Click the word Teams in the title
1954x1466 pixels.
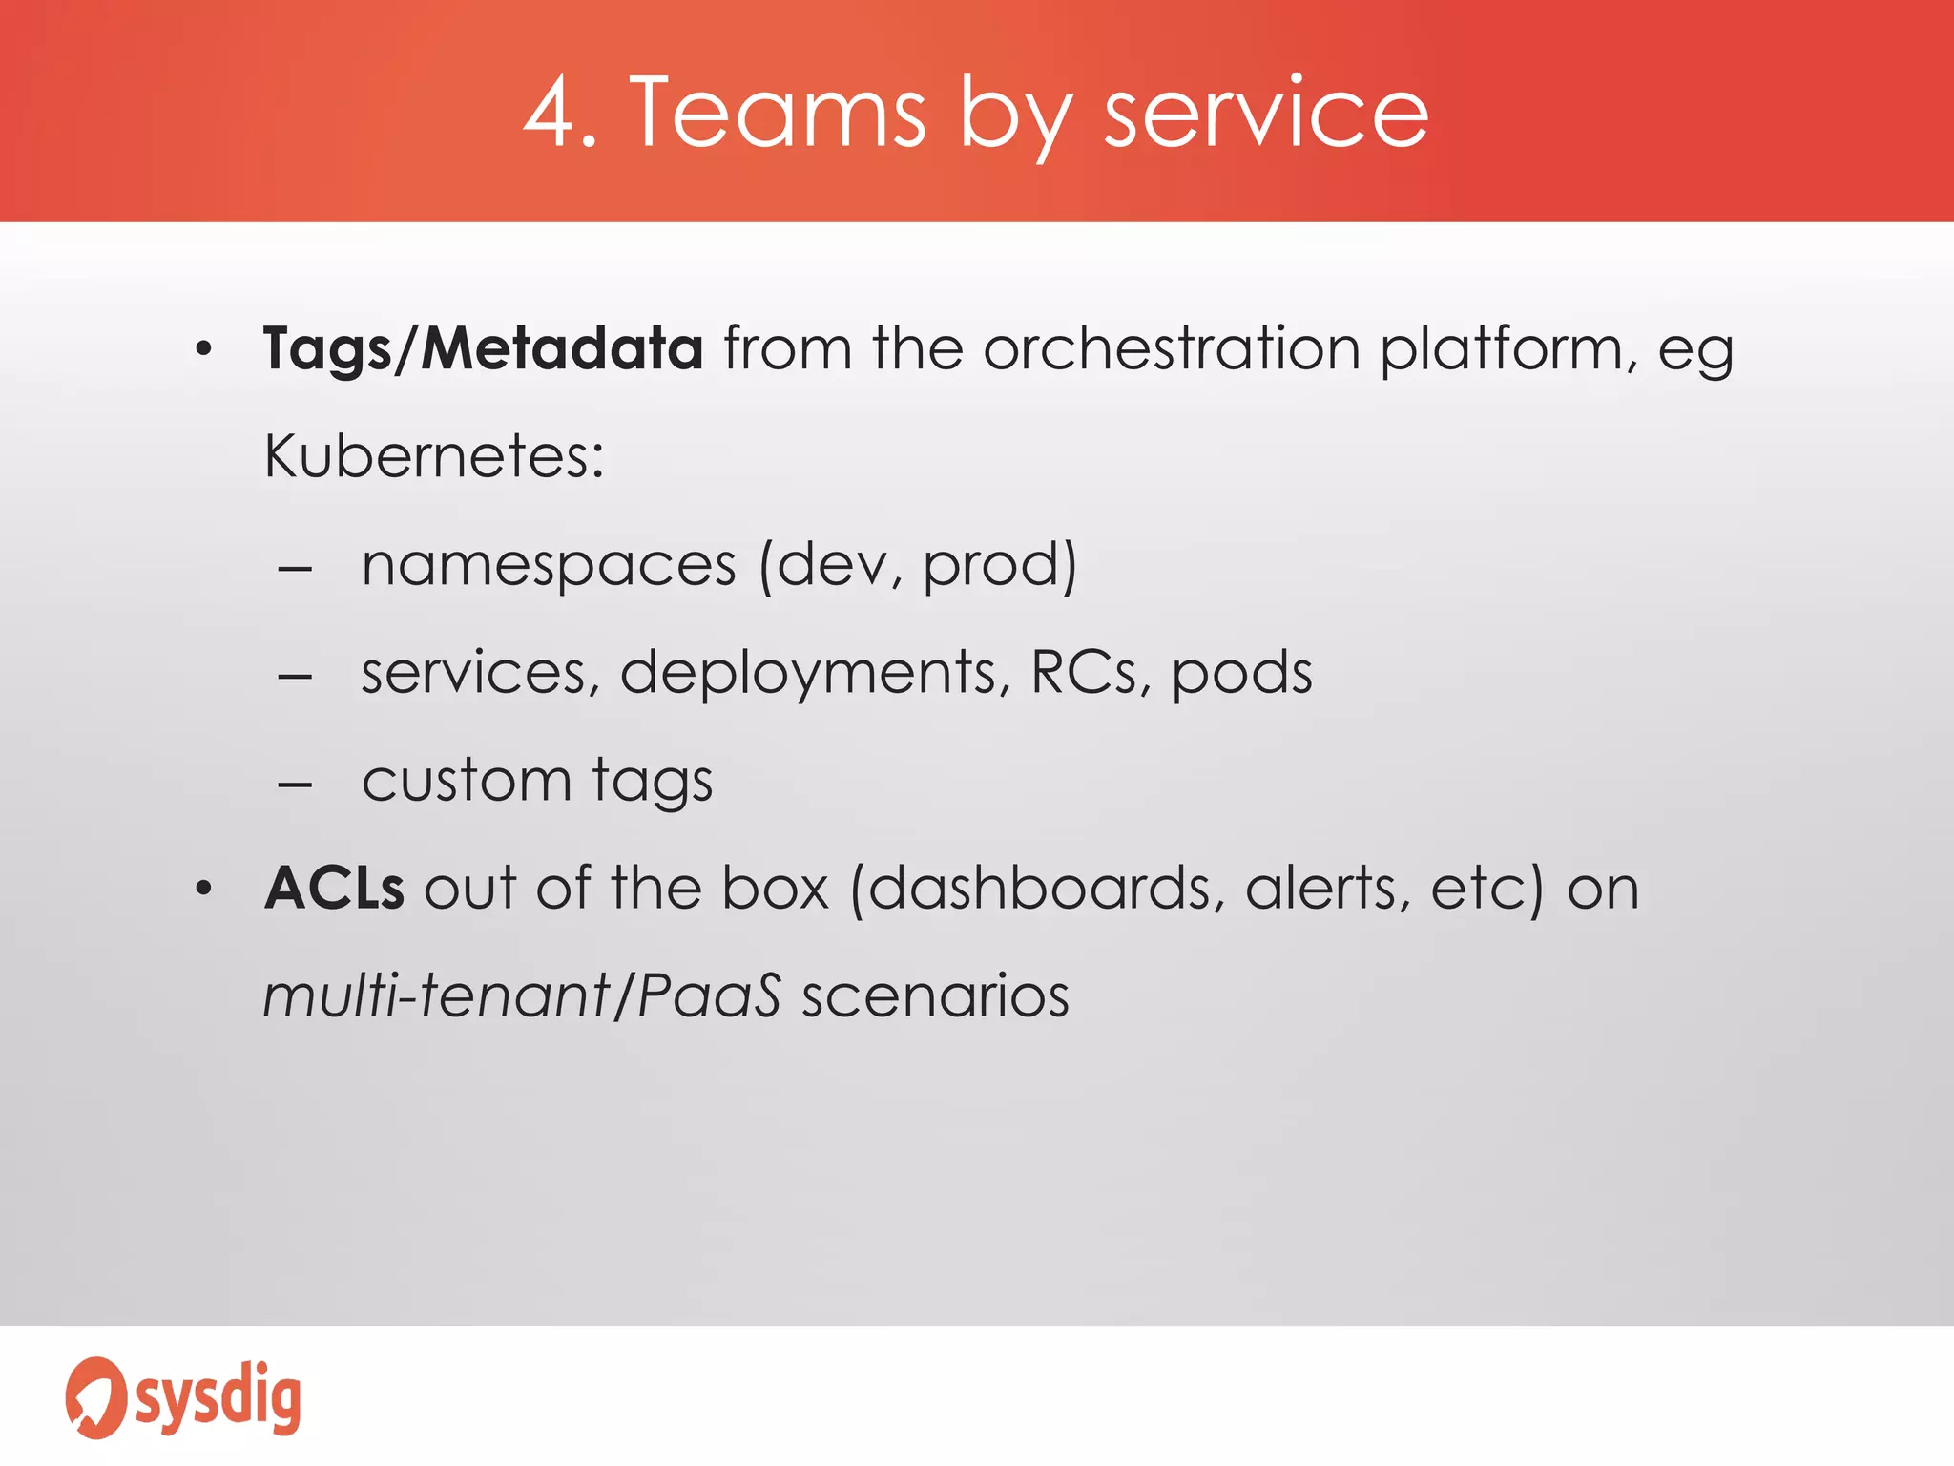778,114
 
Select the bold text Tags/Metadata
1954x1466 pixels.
483,348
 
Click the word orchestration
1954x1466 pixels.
1172,348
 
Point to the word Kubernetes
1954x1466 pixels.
433,456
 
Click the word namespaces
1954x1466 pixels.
550,565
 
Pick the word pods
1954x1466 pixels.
1241,673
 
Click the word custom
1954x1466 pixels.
467,781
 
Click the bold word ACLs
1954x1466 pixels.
334,889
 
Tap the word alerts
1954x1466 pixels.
1327,889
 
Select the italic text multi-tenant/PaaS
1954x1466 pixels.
522,996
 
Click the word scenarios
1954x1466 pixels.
935,996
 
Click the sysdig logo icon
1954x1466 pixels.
94,1397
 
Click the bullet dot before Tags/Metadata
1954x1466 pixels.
202,349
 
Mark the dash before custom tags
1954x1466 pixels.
295,785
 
